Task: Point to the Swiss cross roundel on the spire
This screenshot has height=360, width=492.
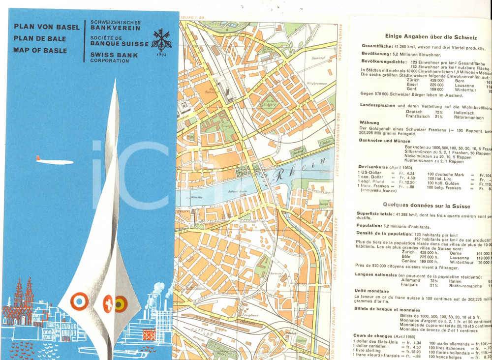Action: [108, 303]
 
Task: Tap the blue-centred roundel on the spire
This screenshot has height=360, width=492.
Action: [79, 301]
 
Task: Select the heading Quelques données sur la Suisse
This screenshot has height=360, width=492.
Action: [426, 206]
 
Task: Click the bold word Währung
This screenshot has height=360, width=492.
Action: [369, 122]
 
